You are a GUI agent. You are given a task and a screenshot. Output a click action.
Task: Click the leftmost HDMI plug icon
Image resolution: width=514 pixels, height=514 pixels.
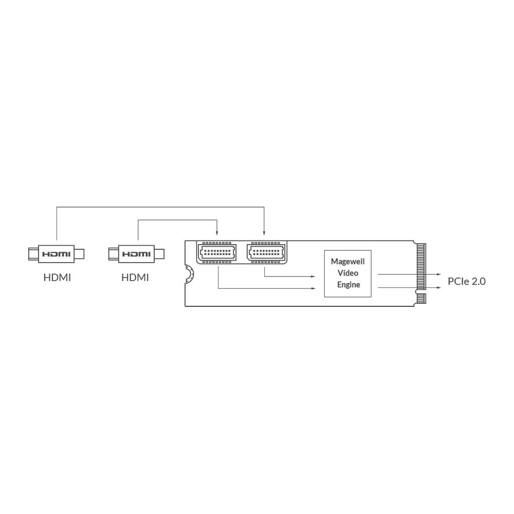[57, 254]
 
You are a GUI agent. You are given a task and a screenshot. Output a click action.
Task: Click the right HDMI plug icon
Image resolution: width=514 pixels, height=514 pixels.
[136, 254]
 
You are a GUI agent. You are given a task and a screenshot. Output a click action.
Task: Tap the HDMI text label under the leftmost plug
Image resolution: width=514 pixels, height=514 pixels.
[57, 278]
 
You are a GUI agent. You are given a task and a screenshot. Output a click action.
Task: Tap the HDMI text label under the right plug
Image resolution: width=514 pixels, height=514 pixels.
[135, 278]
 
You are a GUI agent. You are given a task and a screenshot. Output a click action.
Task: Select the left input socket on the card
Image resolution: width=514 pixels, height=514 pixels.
[217, 252]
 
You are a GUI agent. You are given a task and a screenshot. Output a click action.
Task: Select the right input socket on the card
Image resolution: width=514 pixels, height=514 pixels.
[266, 252]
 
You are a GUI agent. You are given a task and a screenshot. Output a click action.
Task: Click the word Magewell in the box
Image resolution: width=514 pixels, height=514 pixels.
[348, 262]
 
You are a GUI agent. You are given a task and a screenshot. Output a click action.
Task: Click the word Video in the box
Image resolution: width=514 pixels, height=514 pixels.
[348, 273]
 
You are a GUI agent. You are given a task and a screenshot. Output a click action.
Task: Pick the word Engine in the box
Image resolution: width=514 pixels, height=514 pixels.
[348, 285]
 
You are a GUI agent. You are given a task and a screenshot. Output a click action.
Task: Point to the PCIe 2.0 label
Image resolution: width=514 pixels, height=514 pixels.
[467, 281]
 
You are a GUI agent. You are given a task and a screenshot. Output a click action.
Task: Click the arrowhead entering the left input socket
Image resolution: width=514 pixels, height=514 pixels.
[217, 233]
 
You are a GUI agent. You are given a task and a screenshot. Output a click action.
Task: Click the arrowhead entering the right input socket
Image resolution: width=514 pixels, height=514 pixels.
[264, 233]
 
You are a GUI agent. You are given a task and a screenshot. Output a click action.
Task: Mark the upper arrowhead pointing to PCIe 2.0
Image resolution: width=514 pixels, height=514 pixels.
[439, 274]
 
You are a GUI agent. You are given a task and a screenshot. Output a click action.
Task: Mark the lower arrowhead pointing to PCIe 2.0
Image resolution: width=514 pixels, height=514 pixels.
[439, 288]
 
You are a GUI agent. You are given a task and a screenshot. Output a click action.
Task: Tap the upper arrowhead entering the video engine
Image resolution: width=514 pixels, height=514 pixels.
[313, 277]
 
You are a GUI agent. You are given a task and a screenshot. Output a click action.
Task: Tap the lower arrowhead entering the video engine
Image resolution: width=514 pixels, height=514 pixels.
[313, 288]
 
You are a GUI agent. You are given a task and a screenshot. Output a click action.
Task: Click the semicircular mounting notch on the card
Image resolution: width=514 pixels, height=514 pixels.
[189, 274]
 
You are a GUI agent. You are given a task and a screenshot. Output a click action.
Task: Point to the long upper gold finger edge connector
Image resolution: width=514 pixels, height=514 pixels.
[421, 266]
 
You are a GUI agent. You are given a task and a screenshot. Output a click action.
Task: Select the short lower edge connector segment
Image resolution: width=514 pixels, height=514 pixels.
[421, 298]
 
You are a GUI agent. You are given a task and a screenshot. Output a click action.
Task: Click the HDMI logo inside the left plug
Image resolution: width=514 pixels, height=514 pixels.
[57, 254]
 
